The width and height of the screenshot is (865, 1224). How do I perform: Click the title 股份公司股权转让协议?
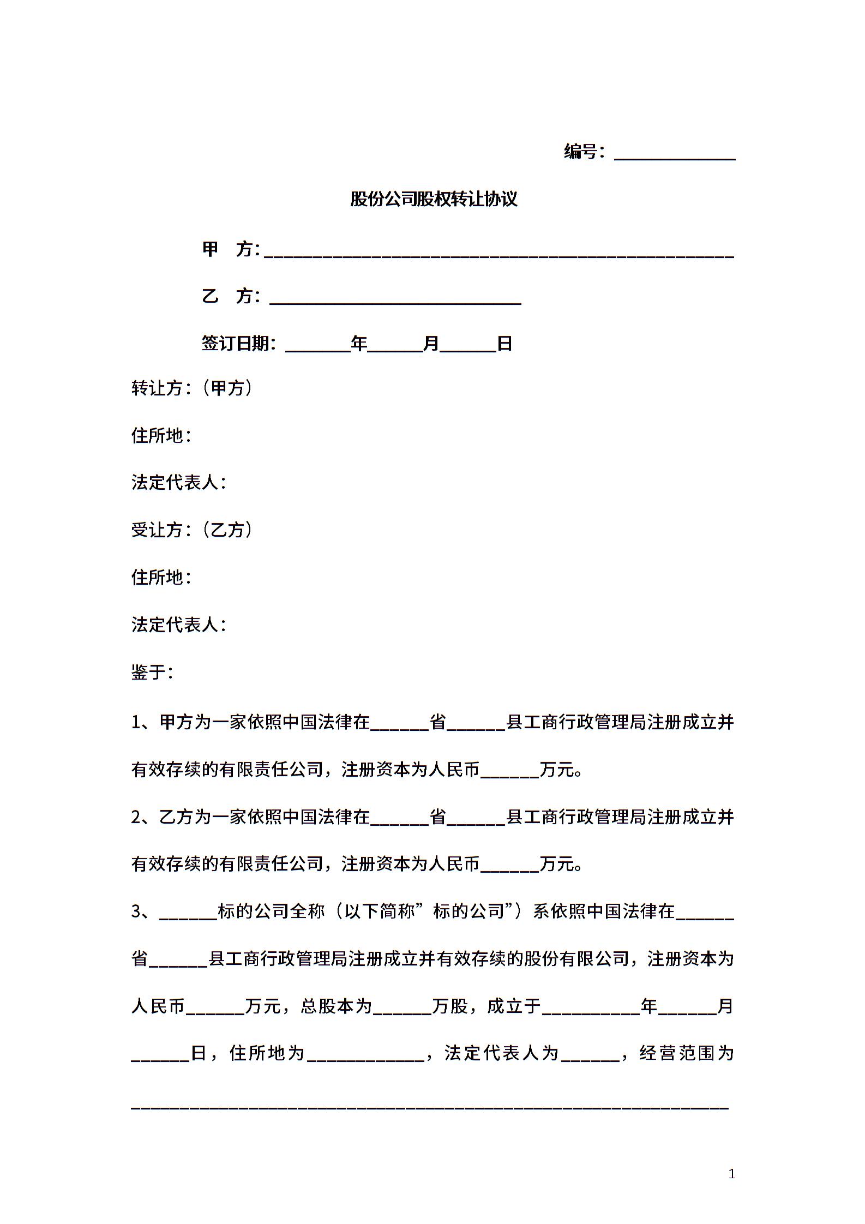433,199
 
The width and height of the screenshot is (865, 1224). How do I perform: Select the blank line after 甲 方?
498,252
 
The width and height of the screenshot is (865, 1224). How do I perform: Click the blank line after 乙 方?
395,299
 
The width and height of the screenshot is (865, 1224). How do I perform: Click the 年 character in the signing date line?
359,343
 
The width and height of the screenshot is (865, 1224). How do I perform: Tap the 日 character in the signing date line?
504,343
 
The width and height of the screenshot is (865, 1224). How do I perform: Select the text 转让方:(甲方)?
191,388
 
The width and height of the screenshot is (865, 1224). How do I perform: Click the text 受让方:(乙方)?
191,530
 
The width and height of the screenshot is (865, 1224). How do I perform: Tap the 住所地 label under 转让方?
158,435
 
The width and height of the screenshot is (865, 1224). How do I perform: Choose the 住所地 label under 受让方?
158,577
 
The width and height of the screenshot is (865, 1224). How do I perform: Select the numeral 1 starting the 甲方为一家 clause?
136,723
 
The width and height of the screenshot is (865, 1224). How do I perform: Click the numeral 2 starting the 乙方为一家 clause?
136,817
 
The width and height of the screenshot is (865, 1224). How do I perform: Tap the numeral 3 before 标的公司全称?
136,911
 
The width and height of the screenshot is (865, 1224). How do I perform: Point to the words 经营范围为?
686,1053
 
